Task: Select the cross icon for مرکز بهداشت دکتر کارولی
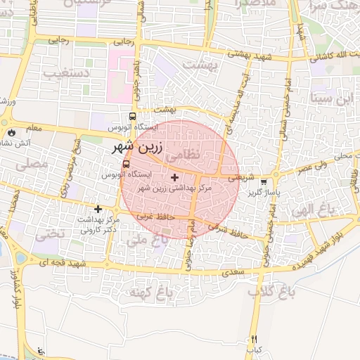98,209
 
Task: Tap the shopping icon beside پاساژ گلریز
264,181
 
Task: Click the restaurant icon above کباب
254,339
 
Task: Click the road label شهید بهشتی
236,53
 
